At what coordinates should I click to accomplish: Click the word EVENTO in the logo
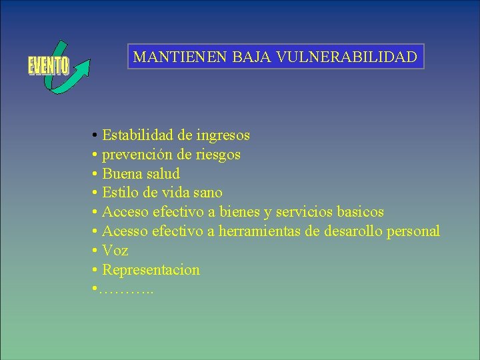pos(48,66)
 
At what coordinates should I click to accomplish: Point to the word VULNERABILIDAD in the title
pos(348,57)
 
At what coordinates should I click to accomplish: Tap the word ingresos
pos(223,135)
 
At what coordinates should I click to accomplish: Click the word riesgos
pos(218,155)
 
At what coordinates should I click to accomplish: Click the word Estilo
pos(121,193)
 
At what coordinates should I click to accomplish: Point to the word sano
pos(207,193)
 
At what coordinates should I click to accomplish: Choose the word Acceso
pos(125,212)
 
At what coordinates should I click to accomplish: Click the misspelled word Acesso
pos(125,231)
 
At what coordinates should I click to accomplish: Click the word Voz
pos(115,251)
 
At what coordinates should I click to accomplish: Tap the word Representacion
pos(151,270)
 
